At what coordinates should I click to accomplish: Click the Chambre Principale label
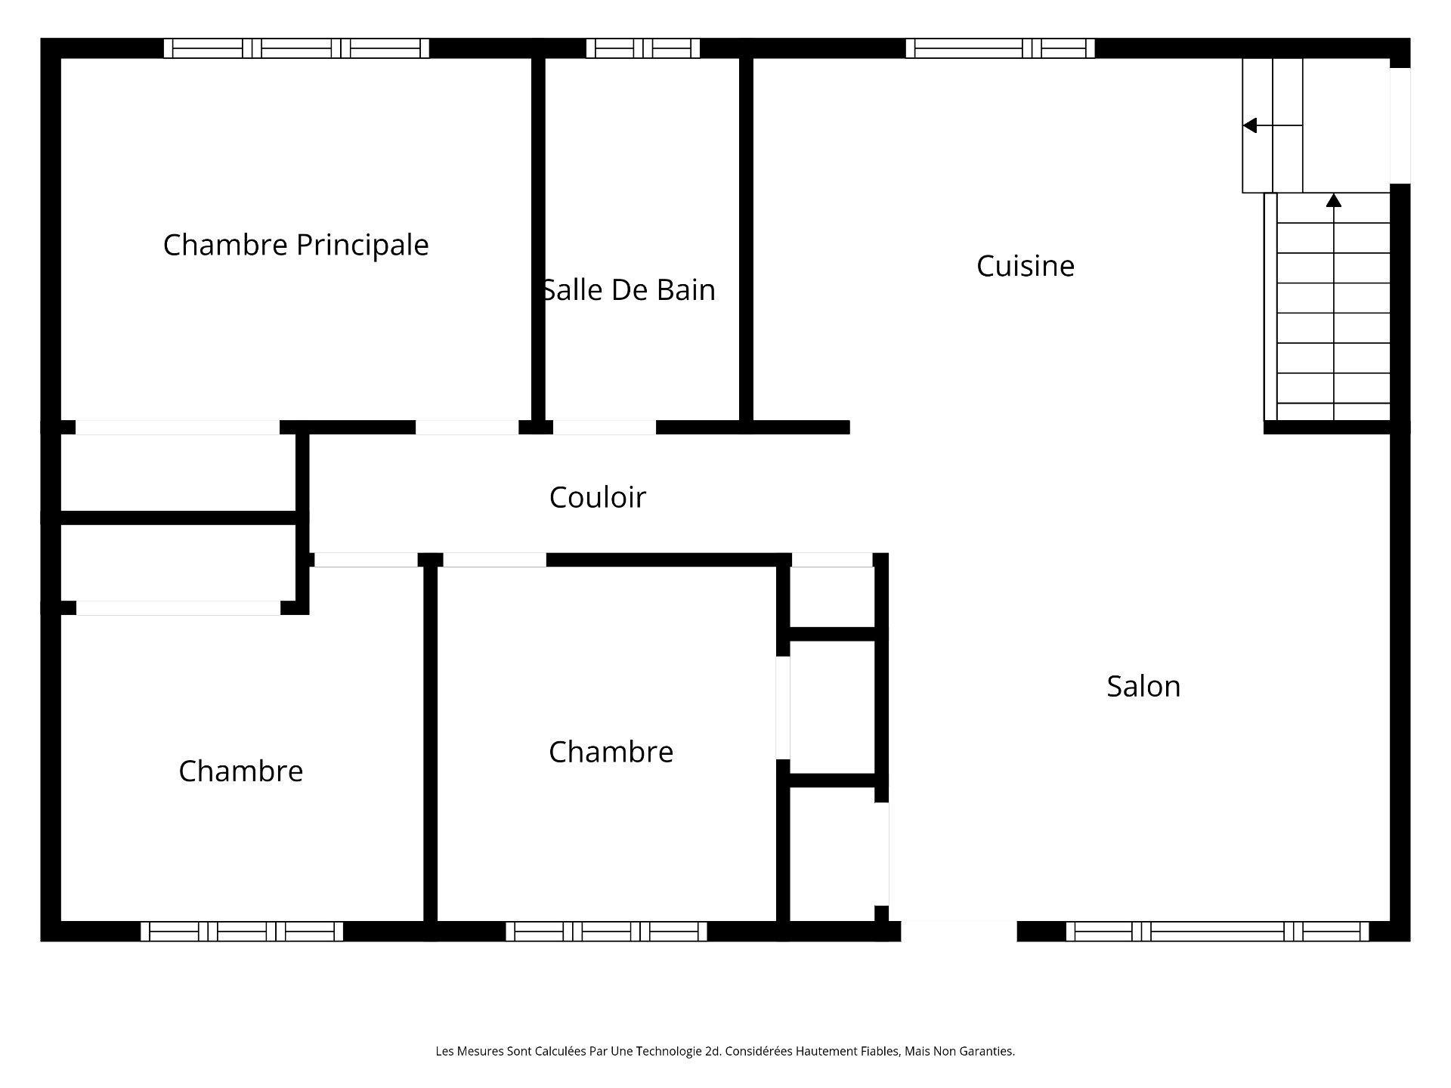pyautogui.click(x=295, y=246)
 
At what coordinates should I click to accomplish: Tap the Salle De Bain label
pyautogui.click(x=629, y=290)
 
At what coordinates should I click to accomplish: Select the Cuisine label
pyautogui.click(x=1025, y=266)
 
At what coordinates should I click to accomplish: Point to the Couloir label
pyautogui.click(x=597, y=497)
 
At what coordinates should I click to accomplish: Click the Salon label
pyautogui.click(x=1143, y=686)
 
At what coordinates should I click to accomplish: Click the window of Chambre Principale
pyautogui.click(x=296, y=48)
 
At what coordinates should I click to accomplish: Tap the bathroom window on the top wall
pyautogui.click(x=643, y=48)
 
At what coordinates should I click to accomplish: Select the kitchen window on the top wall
pyautogui.click(x=1000, y=48)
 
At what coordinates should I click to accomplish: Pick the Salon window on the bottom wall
pyautogui.click(x=1217, y=932)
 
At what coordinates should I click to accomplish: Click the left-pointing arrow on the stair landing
pyautogui.click(x=1273, y=125)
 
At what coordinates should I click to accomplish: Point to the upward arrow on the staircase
pyautogui.click(x=1334, y=306)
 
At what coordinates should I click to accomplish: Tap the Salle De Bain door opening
pyautogui.click(x=605, y=428)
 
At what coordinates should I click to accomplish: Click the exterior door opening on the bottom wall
pyautogui.click(x=959, y=932)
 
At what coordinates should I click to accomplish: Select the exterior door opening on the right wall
pyautogui.click(x=1400, y=125)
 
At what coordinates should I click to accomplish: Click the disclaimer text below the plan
pyautogui.click(x=725, y=1051)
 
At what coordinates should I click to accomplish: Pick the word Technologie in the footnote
pyautogui.click(x=669, y=1051)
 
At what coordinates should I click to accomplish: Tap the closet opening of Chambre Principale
pyautogui.click(x=178, y=428)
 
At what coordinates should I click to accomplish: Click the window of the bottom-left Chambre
pyautogui.click(x=242, y=932)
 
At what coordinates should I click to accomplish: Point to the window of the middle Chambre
pyautogui.click(x=606, y=932)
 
